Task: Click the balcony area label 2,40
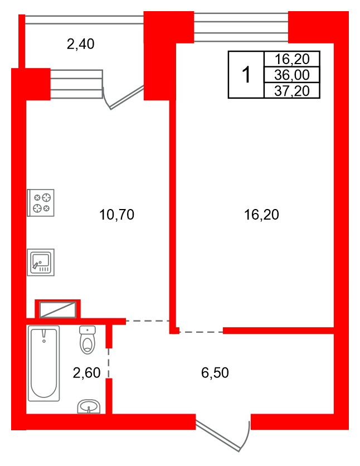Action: (x=80, y=44)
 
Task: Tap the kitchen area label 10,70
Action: (x=116, y=215)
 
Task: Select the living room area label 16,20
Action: (x=261, y=215)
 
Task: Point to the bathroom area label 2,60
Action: (x=86, y=373)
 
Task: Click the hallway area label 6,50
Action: (x=215, y=373)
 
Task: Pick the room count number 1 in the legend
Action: (x=246, y=75)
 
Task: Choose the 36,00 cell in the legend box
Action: (x=292, y=75)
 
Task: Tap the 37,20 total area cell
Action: (x=292, y=91)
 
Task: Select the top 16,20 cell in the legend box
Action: (x=292, y=59)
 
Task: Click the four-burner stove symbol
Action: (x=41, y=203)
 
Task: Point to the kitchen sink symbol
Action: (x=41, y=262)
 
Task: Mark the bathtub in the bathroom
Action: (x=43, y=363)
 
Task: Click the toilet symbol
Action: (x=87, y=339)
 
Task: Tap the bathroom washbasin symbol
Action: (x=89, y=406)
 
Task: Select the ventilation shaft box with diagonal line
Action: (x=57, y=310)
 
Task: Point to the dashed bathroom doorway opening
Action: (x=109, y=363)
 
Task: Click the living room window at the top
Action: (x=241, y=27)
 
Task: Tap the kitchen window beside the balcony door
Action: (x=77, y=84)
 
